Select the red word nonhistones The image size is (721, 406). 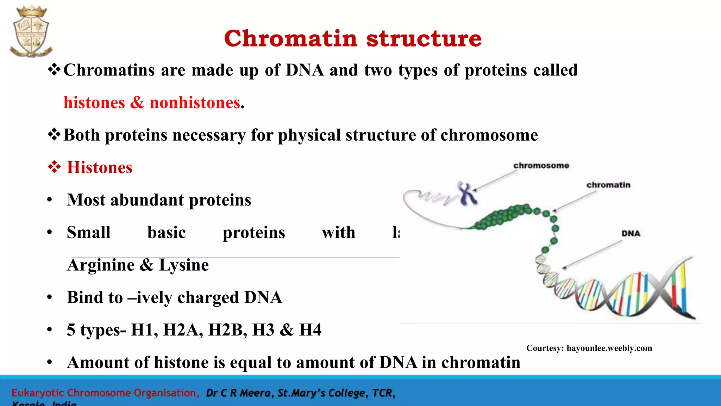click(195, 103)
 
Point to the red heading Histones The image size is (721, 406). click(99, 167)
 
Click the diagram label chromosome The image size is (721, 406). click(541, 166)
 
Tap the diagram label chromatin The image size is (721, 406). click(608, 185)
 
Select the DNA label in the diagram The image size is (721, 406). click(631, 234)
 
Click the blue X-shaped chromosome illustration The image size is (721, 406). click(468, 193)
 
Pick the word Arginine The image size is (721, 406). click(101, 265)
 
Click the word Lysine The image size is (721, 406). click(184, 265)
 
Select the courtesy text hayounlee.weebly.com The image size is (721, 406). click(609, 348)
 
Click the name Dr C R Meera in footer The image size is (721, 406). click(238, 393)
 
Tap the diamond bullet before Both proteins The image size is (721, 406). click(54, 135)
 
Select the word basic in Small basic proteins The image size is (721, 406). click(167, 233)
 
